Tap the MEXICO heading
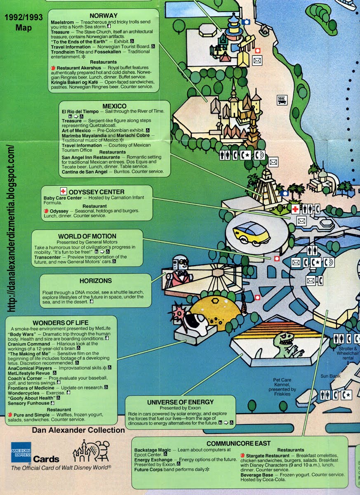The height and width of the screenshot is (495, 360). [115, 106]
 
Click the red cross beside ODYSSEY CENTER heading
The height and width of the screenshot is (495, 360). [63, 191]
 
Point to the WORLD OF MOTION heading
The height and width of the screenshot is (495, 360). [87, 236]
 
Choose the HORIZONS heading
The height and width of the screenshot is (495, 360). [96, 280]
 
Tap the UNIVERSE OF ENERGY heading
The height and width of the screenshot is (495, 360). [181, 402]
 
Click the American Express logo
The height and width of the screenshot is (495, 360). [21, 453]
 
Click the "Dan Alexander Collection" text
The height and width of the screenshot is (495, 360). [78, 430]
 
